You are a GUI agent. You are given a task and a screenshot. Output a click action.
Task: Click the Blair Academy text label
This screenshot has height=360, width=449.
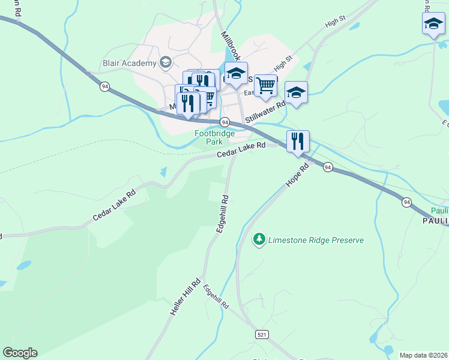click(129, 63)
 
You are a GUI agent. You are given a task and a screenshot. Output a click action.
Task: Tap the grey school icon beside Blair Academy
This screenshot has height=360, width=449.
click(165, 62)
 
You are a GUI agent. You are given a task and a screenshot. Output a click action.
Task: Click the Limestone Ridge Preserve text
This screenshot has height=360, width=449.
click(316, 240)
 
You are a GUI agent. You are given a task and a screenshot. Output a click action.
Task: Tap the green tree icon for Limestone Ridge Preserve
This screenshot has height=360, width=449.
click(259, 239)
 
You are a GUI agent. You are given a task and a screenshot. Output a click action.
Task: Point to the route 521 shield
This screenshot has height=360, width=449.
click(261, 333)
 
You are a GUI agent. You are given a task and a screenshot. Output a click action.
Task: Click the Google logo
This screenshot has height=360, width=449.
click(20, 353)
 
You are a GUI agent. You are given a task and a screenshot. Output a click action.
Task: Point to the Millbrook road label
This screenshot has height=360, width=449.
click(231, 46)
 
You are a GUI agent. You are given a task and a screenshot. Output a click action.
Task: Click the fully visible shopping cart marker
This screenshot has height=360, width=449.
click(265, 85)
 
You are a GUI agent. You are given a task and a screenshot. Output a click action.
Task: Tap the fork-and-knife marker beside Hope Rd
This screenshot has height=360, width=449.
click(298, 142)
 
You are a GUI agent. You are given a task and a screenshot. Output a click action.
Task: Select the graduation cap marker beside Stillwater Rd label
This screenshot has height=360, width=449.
click(296, 92)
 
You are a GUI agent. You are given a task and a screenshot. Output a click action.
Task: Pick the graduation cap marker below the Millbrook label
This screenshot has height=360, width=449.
click(236, 73)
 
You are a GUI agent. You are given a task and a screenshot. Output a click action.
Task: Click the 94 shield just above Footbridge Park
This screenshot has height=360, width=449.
click(225, 121)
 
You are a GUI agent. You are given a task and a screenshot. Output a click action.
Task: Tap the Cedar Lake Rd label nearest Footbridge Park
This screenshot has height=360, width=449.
click(241, 150)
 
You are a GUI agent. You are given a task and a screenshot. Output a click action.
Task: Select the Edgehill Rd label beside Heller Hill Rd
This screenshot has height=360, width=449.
click(216, 297)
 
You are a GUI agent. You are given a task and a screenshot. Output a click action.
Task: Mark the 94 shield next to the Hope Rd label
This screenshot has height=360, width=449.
click(328, 166)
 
